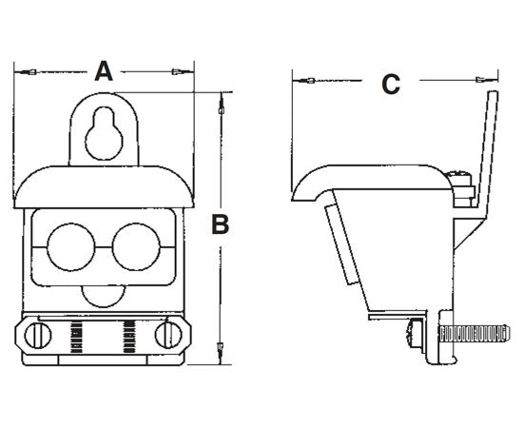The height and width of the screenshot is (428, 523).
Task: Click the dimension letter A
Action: click(x=105, y=69)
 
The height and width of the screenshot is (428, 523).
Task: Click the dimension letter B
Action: click(x=220, y=224)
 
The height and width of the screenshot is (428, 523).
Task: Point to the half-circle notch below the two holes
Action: click(x=104, y=296)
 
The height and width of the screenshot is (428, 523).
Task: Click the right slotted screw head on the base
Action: click(x=168, y=335)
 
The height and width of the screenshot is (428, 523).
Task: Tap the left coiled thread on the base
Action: click(x=80, y=335)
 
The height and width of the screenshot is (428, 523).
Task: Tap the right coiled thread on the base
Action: click(x=129, y=335)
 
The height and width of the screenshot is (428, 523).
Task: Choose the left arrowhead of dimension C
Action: click(x=308, y=80)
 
